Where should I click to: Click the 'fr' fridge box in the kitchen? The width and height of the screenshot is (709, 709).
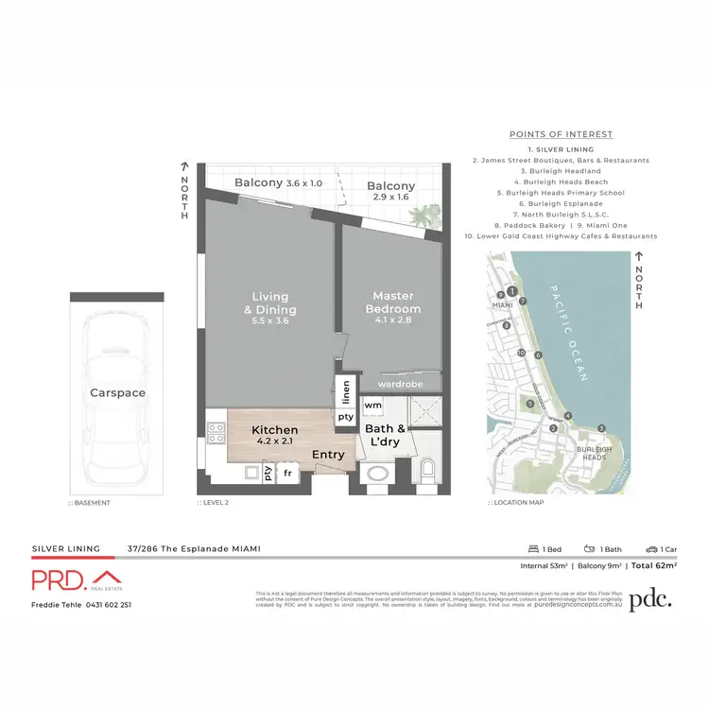coord(287,472)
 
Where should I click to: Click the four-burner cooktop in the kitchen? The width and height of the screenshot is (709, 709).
coord(216,433)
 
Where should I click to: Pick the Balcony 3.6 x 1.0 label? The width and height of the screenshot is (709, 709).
coord(279,182)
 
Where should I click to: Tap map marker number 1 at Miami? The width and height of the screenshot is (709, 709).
coord(511,291)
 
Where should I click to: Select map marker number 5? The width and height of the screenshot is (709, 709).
coord(531,404)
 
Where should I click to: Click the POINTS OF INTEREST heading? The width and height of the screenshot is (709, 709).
coord(561,134)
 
